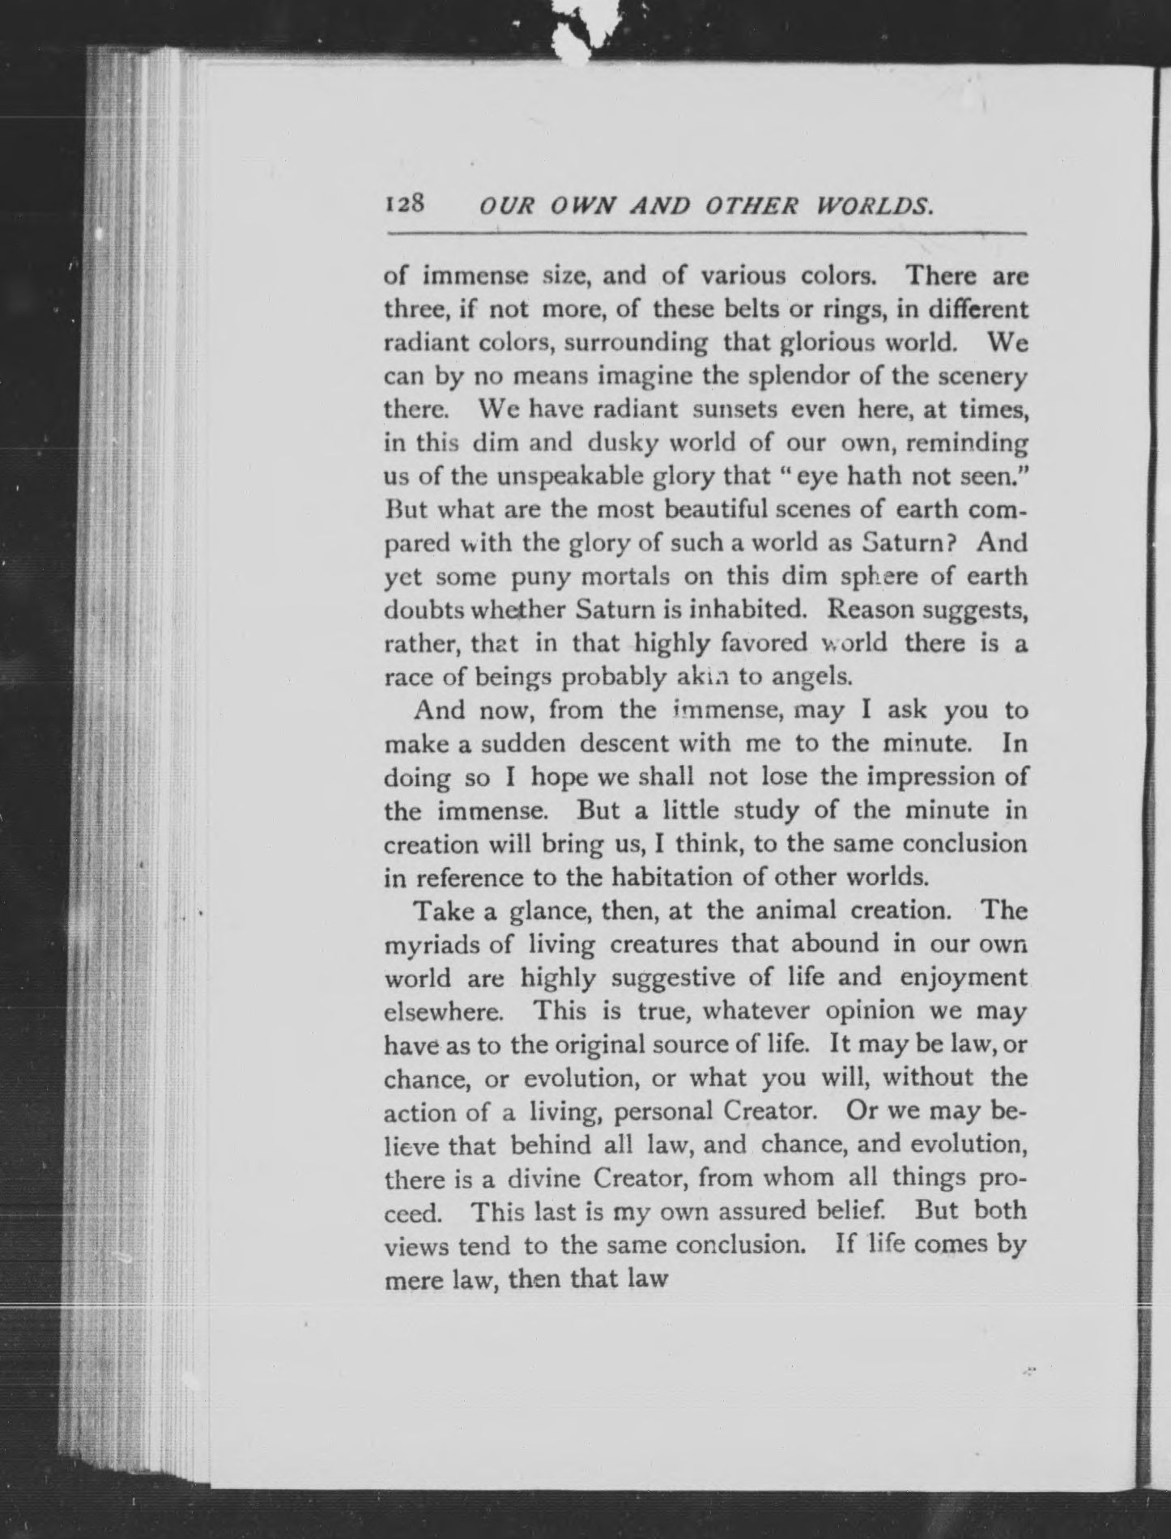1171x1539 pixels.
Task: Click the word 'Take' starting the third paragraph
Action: point(443,911)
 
